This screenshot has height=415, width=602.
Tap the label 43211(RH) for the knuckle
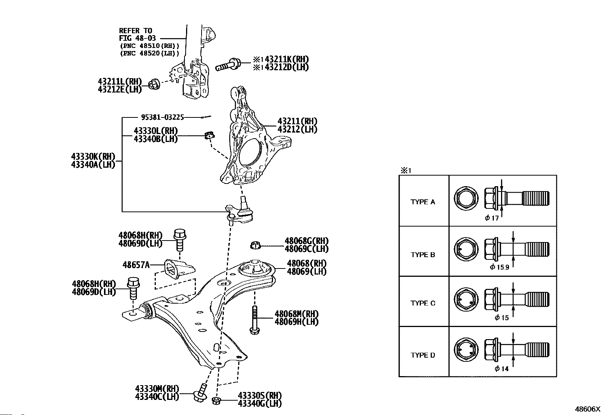click(297, 121)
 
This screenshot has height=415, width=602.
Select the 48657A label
click(136, 265)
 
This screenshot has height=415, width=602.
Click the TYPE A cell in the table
click(423, 202)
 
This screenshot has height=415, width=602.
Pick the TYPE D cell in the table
click(423, 355)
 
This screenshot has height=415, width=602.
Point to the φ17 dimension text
click(492, 218)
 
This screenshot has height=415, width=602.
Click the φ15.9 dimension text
click(499, 267)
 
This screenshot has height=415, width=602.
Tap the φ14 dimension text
click(501, 369)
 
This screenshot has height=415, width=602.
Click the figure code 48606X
click(587, 409)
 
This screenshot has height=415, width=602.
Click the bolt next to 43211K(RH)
click(228, 65)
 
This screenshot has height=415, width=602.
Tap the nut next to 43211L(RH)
click(154, 85)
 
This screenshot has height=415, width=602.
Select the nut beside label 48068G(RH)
click(256, 245)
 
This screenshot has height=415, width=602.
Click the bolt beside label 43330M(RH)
click(200, 392)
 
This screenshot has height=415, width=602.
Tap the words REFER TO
click(135, 31)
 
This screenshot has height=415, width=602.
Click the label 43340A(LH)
click(93, 165)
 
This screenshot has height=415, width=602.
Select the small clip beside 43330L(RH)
click(209, 134)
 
